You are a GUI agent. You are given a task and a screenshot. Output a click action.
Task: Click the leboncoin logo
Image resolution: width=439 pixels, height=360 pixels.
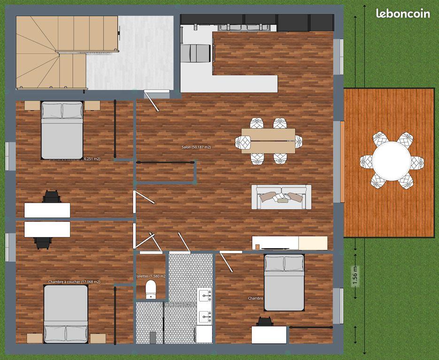click(403, 14)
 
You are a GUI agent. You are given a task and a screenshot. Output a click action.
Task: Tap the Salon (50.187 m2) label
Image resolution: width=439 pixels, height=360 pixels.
click(196, 147)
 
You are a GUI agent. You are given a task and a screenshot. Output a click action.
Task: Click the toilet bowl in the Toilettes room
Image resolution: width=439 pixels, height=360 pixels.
click(151, 289)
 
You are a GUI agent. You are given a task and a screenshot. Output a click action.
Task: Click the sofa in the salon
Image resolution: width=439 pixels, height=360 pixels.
click(281, 197)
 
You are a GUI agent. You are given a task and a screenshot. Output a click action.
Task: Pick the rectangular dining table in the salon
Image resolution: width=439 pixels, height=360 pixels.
click(268, 141)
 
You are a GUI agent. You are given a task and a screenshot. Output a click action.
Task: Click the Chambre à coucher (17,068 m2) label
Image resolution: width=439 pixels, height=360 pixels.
click(74, 282)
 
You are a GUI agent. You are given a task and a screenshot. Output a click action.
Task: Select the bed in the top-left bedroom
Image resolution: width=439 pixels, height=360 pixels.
click(62, 130)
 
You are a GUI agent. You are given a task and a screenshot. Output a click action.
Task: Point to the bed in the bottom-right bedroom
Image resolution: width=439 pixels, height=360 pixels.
click(284, 283)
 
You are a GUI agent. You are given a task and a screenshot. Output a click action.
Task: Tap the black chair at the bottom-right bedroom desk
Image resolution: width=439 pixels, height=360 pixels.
click(265, 322)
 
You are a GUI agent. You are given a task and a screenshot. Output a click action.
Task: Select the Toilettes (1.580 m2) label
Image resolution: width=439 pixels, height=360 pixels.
click(149, 276)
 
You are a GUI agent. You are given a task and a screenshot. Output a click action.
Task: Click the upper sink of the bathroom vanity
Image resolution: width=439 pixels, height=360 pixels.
click(205, 296)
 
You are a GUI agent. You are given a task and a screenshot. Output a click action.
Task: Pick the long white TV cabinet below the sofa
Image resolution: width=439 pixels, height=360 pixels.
click(289, 243)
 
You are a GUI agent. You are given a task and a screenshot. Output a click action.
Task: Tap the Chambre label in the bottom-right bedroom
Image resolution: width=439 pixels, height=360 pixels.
click(255, 298)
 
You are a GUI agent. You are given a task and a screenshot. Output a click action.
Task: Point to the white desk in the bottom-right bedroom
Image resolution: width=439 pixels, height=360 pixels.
click(269, 335)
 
